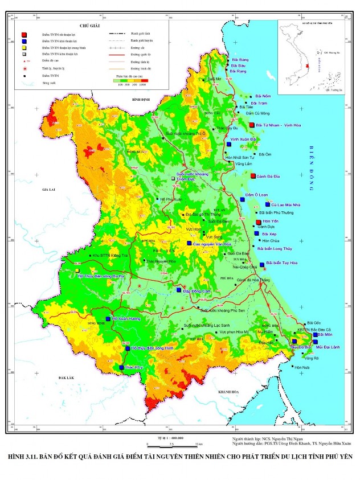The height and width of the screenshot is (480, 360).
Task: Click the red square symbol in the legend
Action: [x=24, y=35]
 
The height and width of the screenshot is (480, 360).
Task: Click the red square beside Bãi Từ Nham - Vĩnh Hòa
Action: [x=252, y=125]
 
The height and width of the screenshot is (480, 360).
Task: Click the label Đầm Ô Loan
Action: [x=256, y=195]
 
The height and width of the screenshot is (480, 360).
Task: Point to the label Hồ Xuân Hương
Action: [x=126, y=319]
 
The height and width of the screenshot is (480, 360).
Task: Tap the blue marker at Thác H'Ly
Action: [x=121, y=368]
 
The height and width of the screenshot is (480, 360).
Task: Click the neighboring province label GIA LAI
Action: [x=50, y=189]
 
